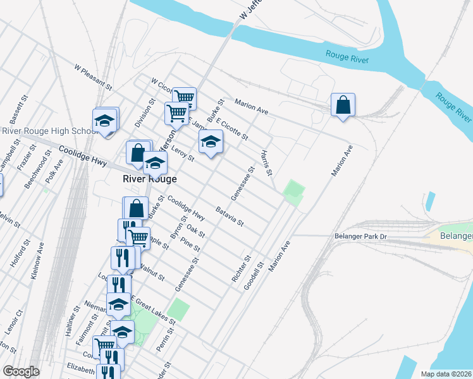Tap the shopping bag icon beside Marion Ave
[x=343, y=105]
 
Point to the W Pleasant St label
[x=92, y=76]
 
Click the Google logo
[x=21, y=371]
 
